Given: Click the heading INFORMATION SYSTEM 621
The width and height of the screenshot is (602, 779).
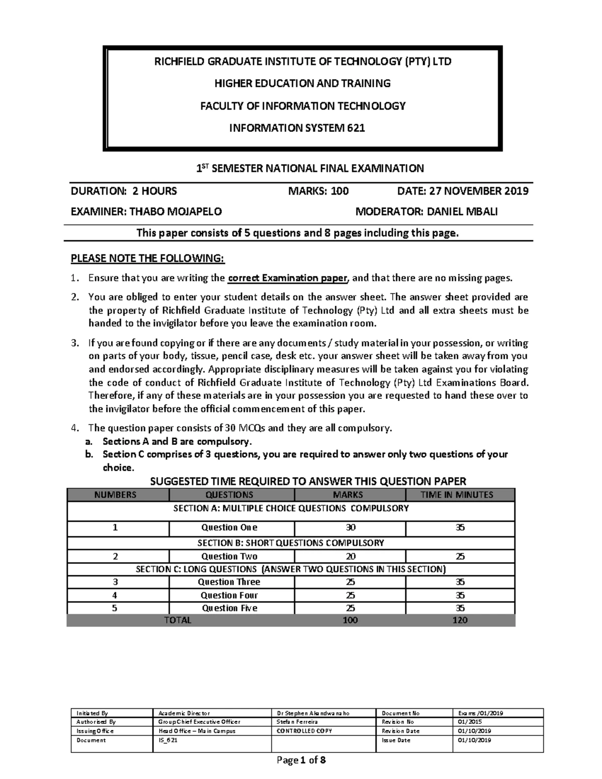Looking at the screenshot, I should [x=297, y=128].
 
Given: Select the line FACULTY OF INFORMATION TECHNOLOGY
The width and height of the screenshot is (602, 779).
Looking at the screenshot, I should [x=303, y=106].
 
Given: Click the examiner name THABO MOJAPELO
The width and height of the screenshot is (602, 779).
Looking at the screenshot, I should [x=176, y=212].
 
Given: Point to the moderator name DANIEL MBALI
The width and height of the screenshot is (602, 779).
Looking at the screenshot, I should [x=462, y=212].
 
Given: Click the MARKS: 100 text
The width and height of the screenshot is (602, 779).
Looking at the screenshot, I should [x=318, y=191].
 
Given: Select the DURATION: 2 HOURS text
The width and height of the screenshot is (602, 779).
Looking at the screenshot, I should [x=123, y=191].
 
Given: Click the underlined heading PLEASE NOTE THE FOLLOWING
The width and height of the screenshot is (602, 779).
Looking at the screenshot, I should [x=148, y=258].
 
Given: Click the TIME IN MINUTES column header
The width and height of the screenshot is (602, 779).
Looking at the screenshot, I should [x=460, y=495].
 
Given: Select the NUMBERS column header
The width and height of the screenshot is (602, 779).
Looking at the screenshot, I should [x=115, y=495].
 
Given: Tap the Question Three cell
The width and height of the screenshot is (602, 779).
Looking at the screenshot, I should [x=229, y=582].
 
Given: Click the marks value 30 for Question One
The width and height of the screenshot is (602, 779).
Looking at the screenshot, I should [x=350, y=527].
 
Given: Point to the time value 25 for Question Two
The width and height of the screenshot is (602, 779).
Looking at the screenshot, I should [x=460, y=556].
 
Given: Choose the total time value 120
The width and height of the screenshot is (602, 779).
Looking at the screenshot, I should [x=460, y=620].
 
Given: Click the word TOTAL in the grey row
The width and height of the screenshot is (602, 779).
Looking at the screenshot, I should [x=178, y=620].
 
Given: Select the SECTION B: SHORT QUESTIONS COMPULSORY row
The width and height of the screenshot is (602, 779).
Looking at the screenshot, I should [x=290, y=543].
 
